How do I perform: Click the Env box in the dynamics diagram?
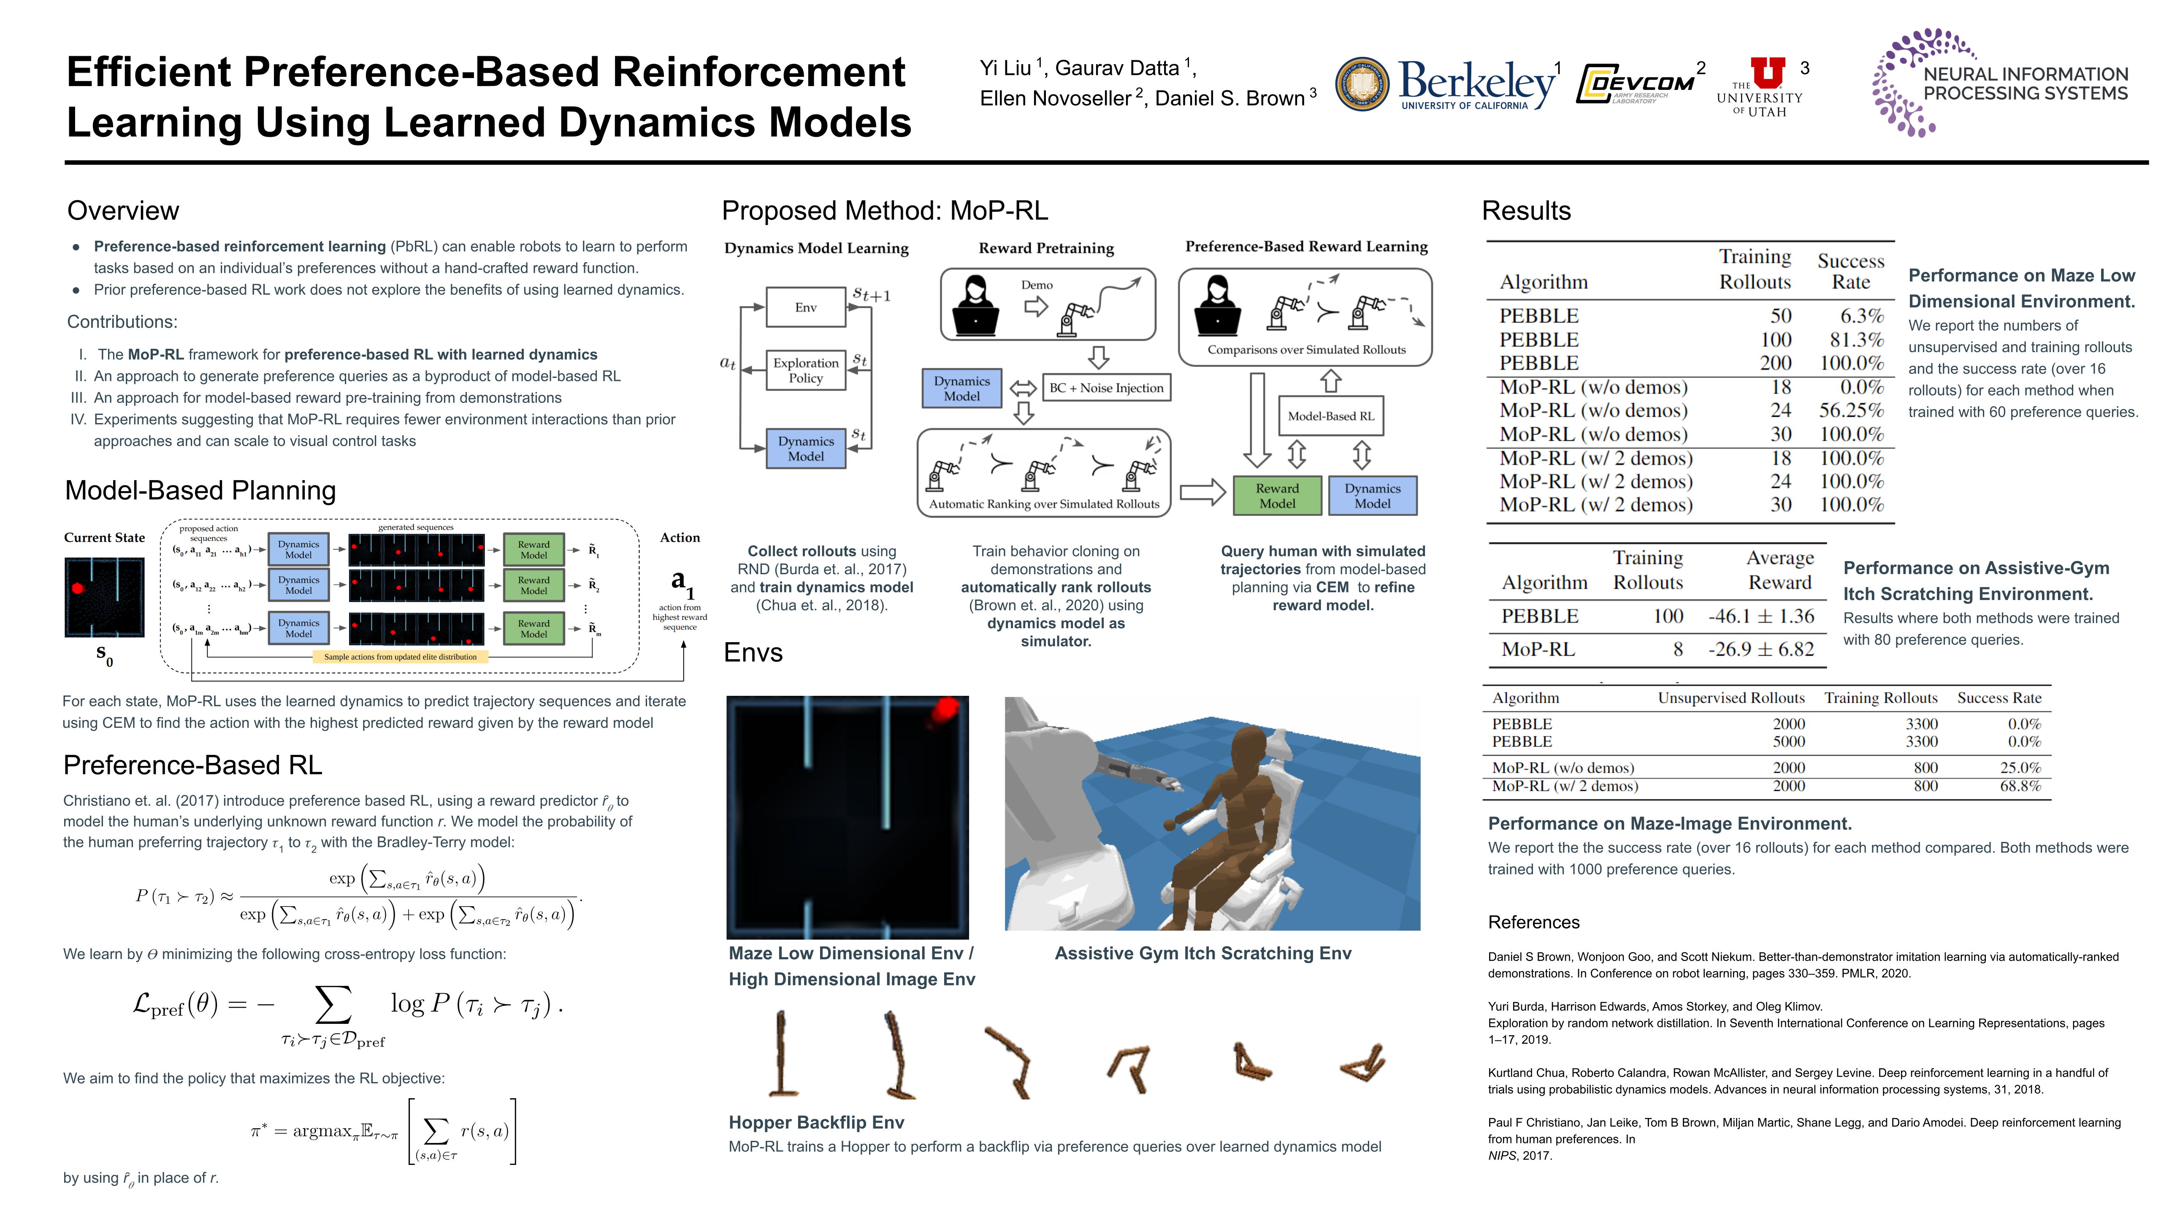805,307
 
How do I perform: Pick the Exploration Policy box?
805,370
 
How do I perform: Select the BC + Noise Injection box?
1106,388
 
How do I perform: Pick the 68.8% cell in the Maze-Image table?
2020,786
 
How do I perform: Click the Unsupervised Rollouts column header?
1730,698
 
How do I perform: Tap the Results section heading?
1526,211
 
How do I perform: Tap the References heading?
1533,922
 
